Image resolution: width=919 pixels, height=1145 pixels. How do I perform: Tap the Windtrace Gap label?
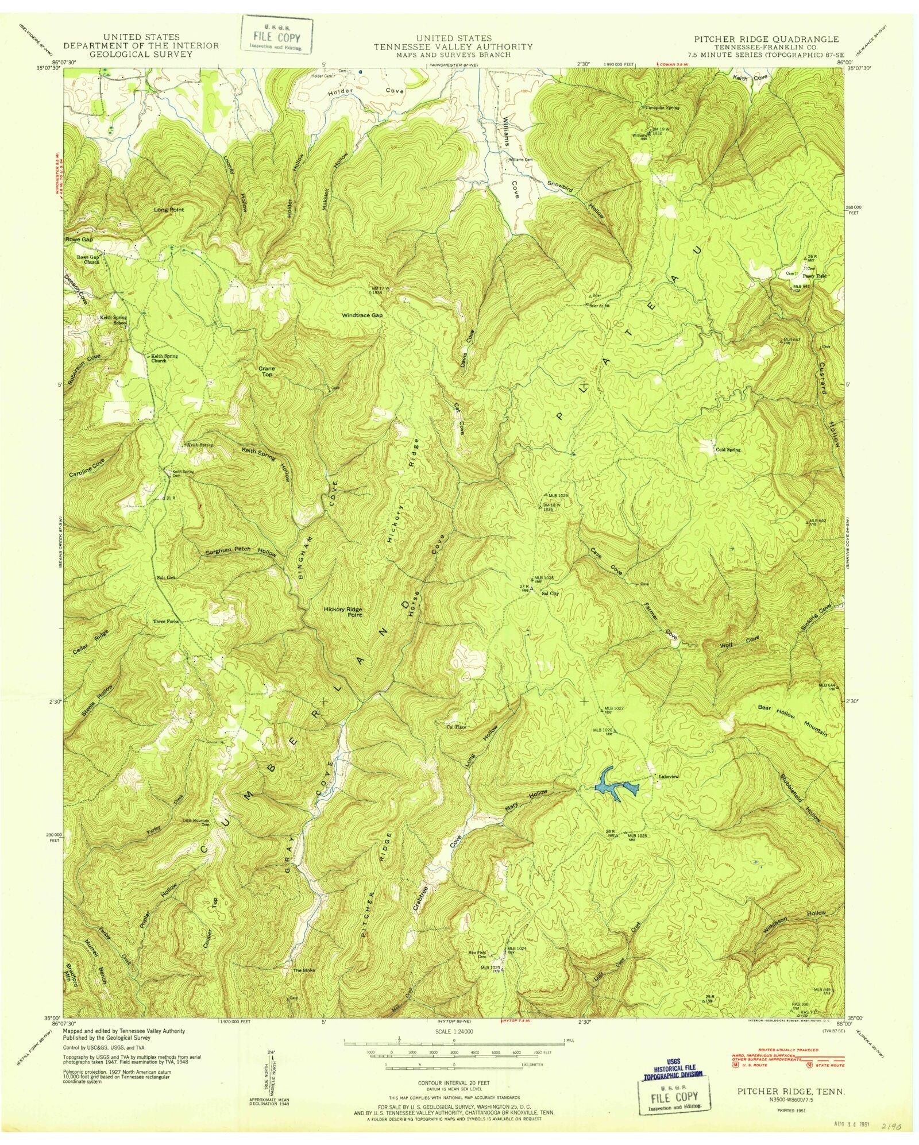tap(362, 315)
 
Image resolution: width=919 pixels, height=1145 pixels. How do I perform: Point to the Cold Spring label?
tap(728, 450)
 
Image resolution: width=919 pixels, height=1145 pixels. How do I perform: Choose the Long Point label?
tap(169, 210)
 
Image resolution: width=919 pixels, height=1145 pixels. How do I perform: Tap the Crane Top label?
tap(267, 371)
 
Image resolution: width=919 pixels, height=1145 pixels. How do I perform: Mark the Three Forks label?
tap(166, 622)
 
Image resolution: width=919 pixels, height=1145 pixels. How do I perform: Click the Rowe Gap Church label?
tap(89, 260)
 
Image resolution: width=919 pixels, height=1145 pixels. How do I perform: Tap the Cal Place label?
tap(456, 727)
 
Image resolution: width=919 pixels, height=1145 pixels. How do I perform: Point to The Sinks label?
tap(304, 970)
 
